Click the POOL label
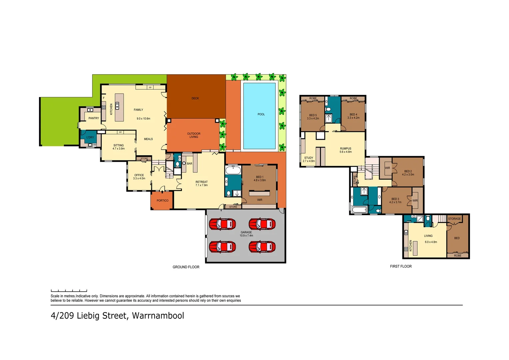(261, 114)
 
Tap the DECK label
(195, 98)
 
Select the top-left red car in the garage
(222, 224)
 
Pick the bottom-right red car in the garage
(262, 247)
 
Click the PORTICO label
(163, 201)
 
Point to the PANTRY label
(94, 118)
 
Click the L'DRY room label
(90, 137)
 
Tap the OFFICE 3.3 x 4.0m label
(139, 177)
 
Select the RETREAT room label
(202, 184)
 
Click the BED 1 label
(259, 179)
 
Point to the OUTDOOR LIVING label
(194, 135)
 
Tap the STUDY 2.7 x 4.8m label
(308, 159)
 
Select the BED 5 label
(313, 117)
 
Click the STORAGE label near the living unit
(454, 219)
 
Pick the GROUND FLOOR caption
(186, 267)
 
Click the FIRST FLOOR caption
(401, 266)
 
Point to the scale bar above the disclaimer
(69, 291)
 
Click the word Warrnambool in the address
(158, 316)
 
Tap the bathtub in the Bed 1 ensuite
(233, 170)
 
